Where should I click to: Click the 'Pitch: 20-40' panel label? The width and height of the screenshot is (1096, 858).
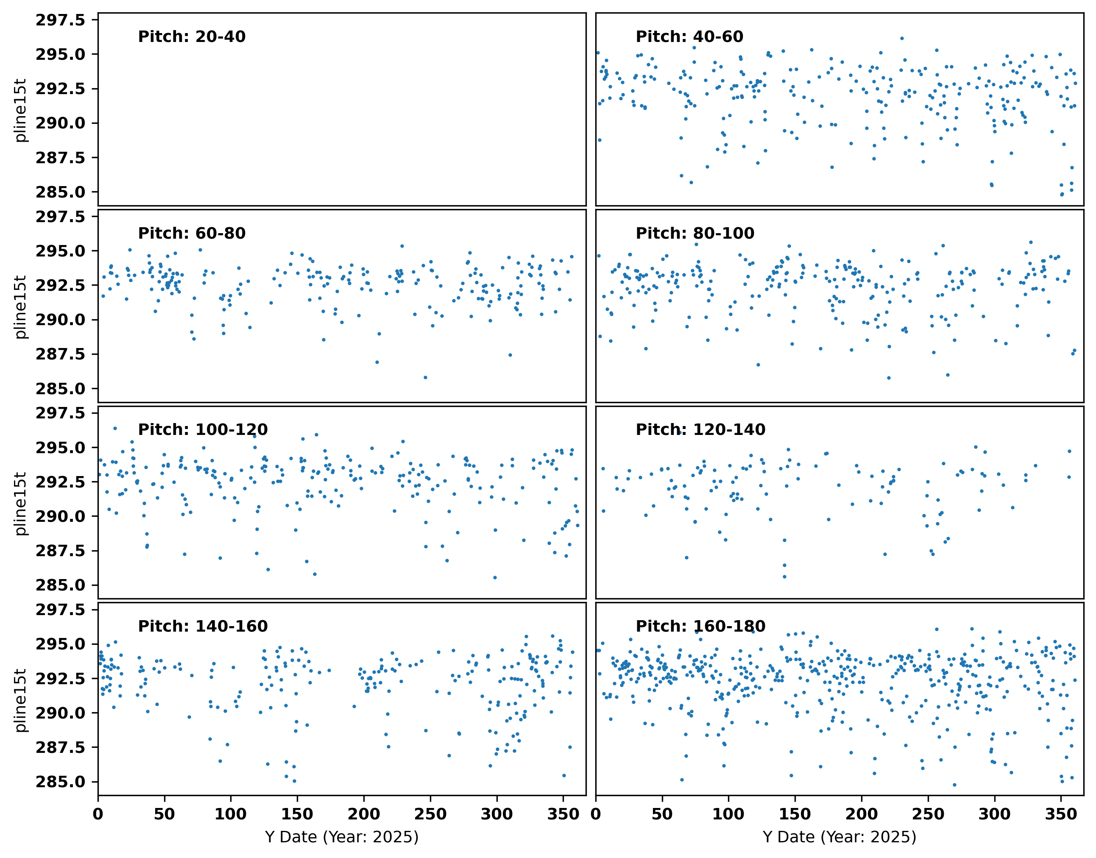[192, 37]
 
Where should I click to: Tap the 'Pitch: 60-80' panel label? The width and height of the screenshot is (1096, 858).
[192, 233]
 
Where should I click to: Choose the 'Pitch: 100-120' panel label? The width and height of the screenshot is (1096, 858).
[203, 429]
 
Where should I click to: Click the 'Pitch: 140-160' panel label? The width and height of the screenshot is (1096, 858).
[203, 626]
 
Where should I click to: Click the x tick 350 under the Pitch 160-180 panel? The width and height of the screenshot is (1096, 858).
[1061, 814]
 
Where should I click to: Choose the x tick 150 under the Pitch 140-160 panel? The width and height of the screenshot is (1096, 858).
[297, 814]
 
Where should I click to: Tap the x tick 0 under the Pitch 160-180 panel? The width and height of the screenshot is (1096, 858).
[596, 814]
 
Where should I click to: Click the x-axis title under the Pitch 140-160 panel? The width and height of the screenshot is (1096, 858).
[342, 837]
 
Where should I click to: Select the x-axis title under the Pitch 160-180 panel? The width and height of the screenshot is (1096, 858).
[839, 837]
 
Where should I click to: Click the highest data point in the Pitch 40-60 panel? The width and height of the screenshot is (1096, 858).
[902, 38]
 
